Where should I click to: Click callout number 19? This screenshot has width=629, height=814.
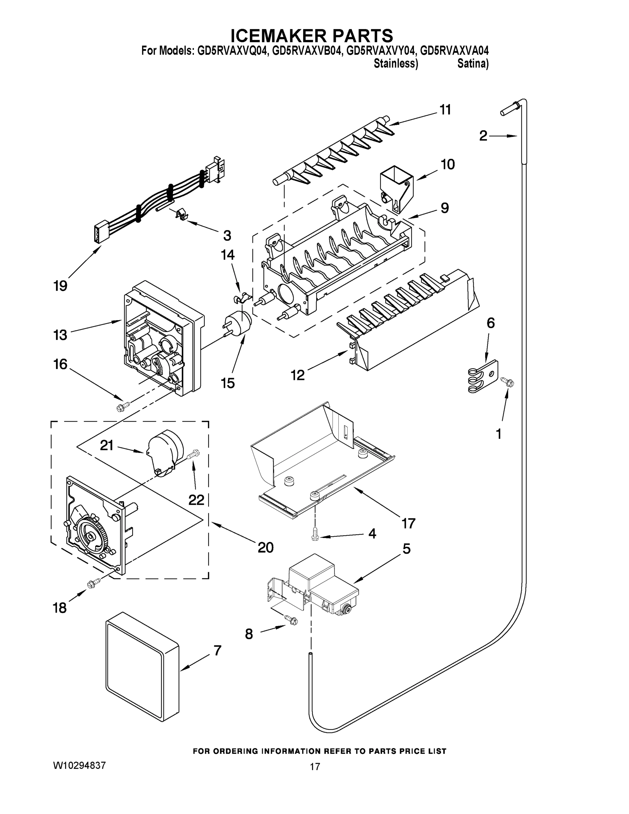point(60,286)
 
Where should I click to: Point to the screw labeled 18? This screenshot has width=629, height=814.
point(94,583)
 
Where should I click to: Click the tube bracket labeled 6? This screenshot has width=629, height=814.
point(483,376)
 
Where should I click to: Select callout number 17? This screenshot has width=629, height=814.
point(408,523)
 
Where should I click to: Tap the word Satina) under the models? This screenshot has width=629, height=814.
point(472,64)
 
